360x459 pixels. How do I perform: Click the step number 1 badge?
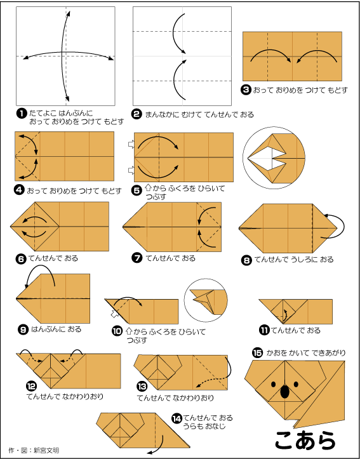click(22, 114)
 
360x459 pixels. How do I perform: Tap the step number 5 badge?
click(136, 191)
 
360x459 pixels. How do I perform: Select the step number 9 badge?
click(22, 329)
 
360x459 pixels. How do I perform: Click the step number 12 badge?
click(31, 387)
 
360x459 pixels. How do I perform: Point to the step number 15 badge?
click(257, 353)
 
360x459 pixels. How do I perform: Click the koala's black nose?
click(284, 392)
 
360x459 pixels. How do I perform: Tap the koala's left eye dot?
click(274, 383)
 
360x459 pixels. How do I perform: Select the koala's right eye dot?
click(296, 383)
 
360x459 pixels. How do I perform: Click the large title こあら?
click(305, 440)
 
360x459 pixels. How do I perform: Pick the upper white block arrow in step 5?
click(131, 144)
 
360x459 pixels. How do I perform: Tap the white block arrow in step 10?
click(114, 315)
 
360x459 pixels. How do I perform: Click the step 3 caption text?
click(300, 90)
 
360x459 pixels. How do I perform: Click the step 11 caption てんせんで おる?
click(295, 331)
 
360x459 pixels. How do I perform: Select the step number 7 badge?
click(137, 258)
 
